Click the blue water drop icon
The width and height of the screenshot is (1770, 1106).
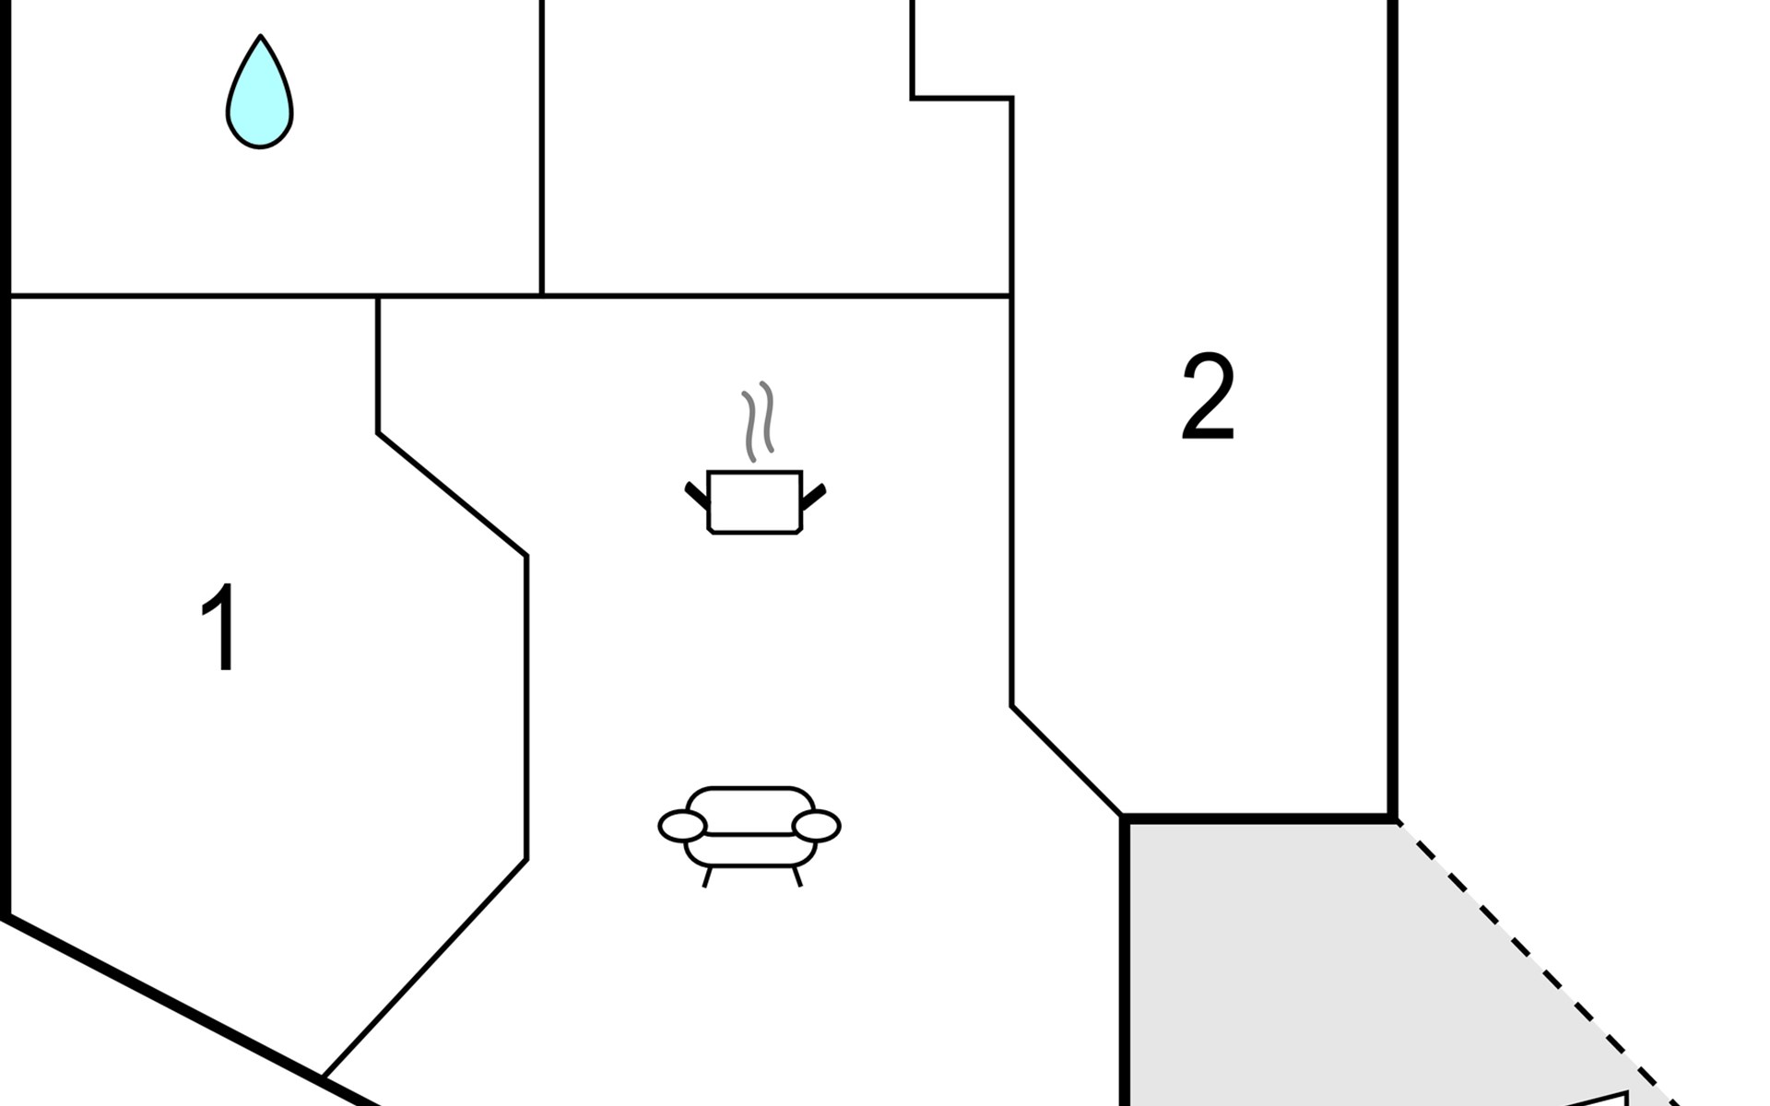260,92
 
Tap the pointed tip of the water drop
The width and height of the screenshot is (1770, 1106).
261,36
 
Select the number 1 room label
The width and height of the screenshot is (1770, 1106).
220,627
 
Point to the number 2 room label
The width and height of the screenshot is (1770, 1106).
1208,397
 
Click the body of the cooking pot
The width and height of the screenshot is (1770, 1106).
755,502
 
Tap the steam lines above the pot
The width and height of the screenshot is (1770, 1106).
758,421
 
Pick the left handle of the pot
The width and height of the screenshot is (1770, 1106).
696,496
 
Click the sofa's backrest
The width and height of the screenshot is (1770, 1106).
750,809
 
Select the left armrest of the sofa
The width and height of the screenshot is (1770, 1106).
682,827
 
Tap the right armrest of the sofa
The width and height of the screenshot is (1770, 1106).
817,827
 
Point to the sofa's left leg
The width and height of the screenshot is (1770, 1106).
707,877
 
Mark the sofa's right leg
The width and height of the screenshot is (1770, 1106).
797,877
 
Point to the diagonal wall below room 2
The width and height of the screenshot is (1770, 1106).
1068,761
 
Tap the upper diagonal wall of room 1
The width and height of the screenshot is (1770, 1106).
452,494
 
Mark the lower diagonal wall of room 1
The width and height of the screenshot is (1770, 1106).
425,968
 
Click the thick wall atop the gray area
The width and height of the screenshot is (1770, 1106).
1259,818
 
